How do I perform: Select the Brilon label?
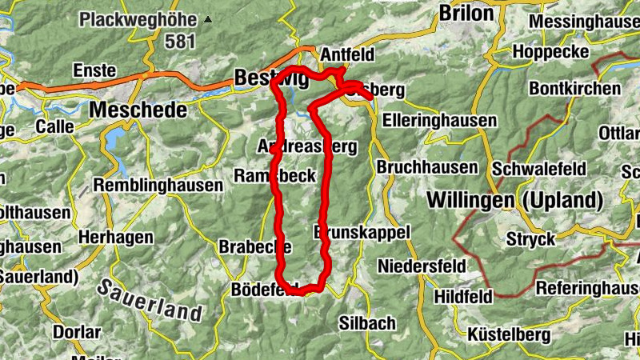[466, 13]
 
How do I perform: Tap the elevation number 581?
[180, 41]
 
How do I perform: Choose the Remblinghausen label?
[158, 185]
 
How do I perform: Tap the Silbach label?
[367, 322]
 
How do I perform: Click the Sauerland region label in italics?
[150, 300]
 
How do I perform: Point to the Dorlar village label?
[76, 331]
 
